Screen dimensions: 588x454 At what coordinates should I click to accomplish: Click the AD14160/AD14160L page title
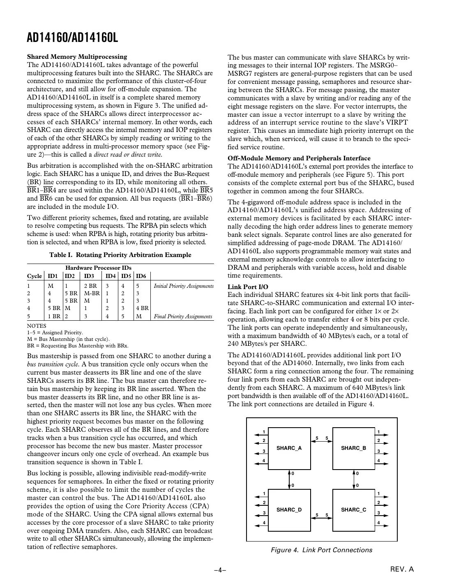(72, 38)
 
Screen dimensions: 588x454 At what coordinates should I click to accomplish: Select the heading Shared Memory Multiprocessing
(77, 57)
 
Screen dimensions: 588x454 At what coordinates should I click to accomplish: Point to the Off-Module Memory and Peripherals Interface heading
(299, 158)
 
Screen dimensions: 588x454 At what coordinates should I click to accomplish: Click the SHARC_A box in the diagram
(289, 448)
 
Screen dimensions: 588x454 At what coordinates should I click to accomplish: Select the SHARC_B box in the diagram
(353, 448)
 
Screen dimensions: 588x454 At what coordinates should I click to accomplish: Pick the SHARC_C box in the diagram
(353, 510)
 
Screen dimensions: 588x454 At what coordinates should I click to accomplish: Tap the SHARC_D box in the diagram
(289, 510)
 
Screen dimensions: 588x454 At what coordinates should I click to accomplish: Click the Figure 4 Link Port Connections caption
(321, 550)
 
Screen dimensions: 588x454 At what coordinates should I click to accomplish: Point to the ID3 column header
(89, 275)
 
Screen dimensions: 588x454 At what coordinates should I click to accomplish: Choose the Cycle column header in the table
(35, 275)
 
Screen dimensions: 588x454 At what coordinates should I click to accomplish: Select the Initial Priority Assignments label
(184, 286)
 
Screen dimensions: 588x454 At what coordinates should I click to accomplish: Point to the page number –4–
(221, 570)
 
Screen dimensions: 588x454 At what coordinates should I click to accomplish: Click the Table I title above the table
(120, 255)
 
